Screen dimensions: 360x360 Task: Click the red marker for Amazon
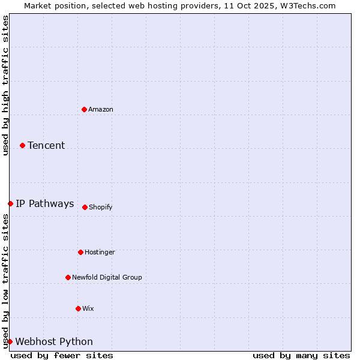[84, 109]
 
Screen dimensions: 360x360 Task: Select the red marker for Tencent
[22, 145]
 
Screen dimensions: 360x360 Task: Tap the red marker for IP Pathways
[10, 203]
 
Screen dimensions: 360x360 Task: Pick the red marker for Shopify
[85, 207]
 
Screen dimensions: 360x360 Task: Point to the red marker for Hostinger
[80, 252]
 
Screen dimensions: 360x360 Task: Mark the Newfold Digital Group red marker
[68, 277]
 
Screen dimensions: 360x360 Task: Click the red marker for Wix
[78, 308]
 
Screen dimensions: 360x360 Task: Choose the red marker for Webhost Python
[10, 341]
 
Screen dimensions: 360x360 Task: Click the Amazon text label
[101, 109]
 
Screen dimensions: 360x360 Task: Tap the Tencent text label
[46, 145]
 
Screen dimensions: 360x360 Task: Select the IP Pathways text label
[45, 203]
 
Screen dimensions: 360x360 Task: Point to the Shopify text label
[101, 207]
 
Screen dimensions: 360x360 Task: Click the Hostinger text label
[100, 252]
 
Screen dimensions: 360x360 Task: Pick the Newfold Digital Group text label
[107, 277]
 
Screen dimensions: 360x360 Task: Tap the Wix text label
[88, 308]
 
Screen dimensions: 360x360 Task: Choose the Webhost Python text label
[54, 341]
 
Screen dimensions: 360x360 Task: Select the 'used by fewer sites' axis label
[62, 355]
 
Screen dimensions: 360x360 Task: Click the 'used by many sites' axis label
[301, 355]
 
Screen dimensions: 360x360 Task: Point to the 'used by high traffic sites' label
[5, 85]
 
